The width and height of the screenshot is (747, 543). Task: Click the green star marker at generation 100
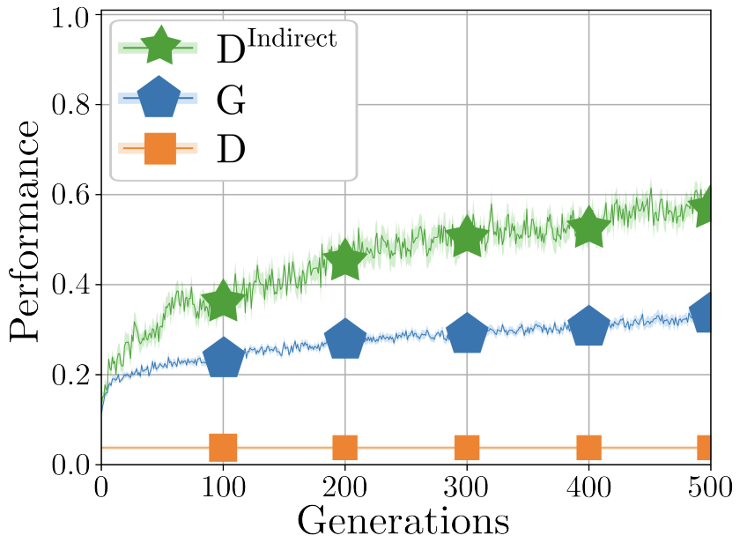coord(223,302)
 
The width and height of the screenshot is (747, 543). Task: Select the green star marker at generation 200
coord(344,260)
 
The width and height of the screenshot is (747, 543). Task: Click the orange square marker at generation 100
coord(223,448)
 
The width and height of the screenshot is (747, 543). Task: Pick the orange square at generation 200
coord(344,448)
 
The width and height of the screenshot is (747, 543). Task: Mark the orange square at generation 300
coord(466,448)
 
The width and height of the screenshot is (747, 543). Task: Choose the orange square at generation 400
coord(588,448)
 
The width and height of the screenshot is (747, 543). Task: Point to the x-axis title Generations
coord(403,520)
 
